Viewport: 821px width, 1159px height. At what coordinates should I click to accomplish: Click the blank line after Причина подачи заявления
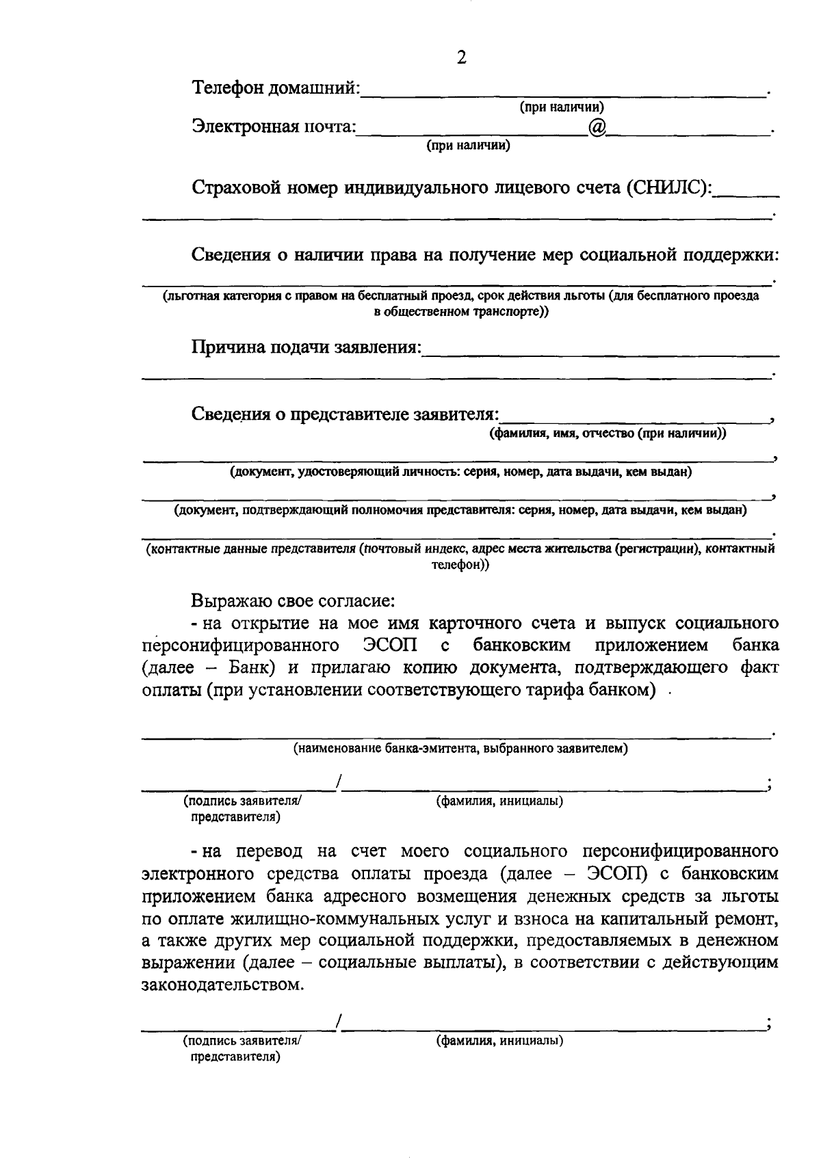pyautogui.click(x=601, y=352)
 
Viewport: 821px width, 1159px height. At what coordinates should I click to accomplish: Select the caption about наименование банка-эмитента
pyautogui.click(x=460, y=748)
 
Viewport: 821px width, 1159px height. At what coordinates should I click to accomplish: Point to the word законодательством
pyautogui.click(x=221, y=985)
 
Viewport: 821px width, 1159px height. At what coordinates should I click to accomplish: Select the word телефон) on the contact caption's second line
pyautogui.click(x=460, y=565)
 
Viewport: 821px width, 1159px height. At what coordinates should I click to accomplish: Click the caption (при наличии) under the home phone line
pyautogui.click(x=562, y=107)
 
